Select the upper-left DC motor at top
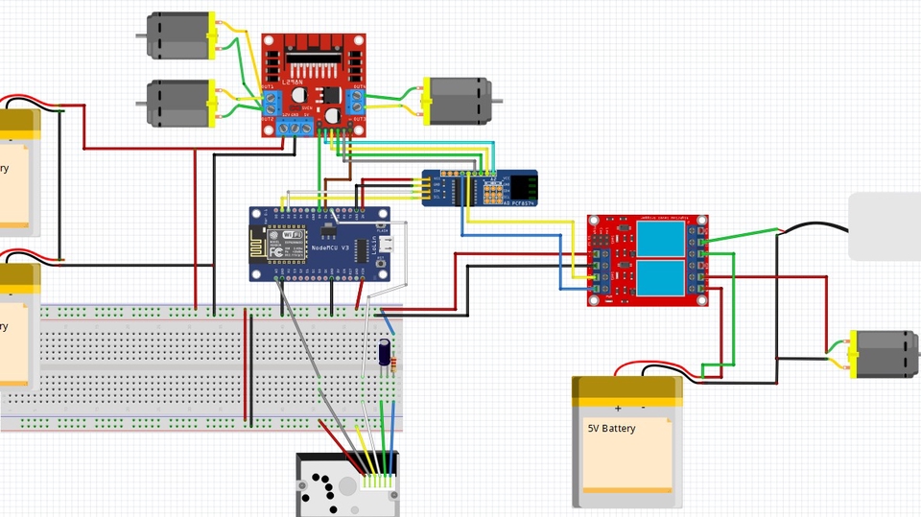pyautogui.click(x=179, y=35)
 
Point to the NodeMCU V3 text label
pyautogui.click(x=331, y=248)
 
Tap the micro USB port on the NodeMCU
pyautogui.click(x=384, y=247)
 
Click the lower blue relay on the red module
pyautogui.click(x=661, y=277)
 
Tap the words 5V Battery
pyautogui.click(x=612, y=429)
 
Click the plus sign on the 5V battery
pyautogui.click(x=618, y=408)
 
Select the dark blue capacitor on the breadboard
pyautogui.click(x=385, y=352)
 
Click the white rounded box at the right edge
pyautogui.click(x=884, y=225)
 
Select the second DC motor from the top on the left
pyautogui.click(x=179, y=104)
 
